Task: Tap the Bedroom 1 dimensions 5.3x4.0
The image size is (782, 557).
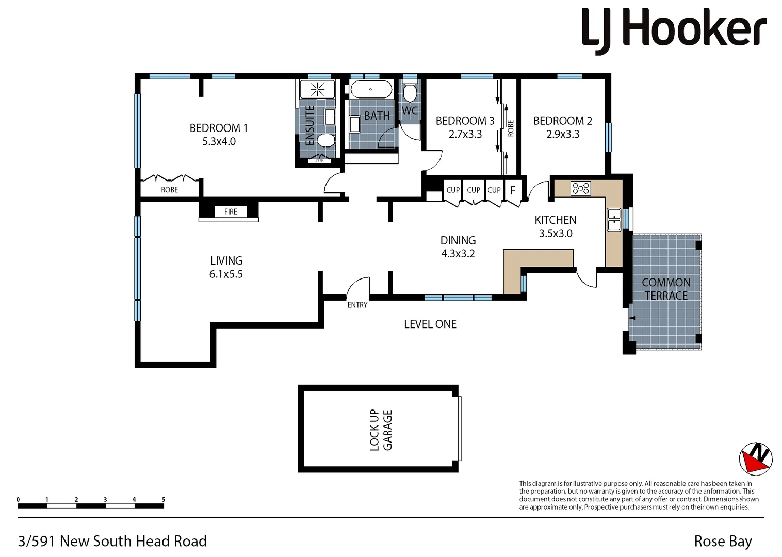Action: (x=219, y=142)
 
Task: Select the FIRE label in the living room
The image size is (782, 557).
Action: (x=231, y=211)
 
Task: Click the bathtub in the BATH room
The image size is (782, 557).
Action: (x=371, y=90)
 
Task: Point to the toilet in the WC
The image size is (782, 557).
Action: (x=410, y=93)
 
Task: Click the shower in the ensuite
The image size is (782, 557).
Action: (x=317, y=89)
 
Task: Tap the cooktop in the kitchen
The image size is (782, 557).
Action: (x=581, y=188)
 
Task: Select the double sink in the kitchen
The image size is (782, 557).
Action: (x=614, y=219)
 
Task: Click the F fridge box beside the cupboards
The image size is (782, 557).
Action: (x=513, y=190)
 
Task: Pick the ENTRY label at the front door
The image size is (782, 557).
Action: (x=357, y=305)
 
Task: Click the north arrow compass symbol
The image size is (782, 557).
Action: (x=755, y=458)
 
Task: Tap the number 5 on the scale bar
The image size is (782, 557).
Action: (x=164, y=499)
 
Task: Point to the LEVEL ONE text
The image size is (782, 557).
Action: (x=430, y=324)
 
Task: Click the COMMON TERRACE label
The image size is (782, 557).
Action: (x=666, y=289)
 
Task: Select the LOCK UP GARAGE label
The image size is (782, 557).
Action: (x=381, y=430)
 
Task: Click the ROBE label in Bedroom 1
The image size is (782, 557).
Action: (x=169, y=190)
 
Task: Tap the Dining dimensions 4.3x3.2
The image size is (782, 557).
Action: (x=458, y=254)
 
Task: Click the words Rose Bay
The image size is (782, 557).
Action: (x=723, y=542)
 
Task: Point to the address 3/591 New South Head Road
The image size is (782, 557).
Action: (x=112, y=541)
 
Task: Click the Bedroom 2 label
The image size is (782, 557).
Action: (x=562, y=121)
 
